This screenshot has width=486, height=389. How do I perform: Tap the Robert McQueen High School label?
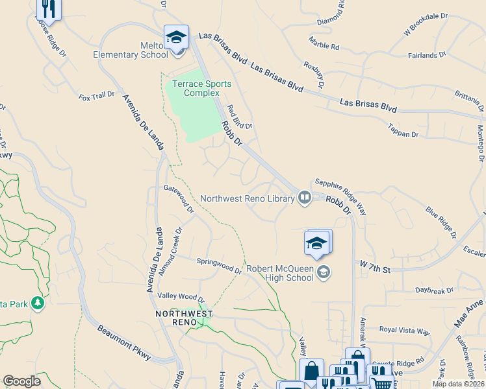(280, 273)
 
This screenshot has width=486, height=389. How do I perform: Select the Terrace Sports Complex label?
(202, 89)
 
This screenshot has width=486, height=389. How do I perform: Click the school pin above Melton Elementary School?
(176, 37)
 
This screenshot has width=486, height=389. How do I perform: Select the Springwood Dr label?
(219, 266)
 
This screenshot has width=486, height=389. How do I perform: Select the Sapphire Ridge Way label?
(340, 196)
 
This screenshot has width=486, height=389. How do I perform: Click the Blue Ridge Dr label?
(441, 222)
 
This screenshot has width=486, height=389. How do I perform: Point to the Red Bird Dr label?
(238, 117)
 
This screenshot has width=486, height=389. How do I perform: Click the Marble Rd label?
(324, 47)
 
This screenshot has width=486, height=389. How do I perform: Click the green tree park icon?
(38, 303)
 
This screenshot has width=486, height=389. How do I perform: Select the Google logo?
(21, 381)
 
